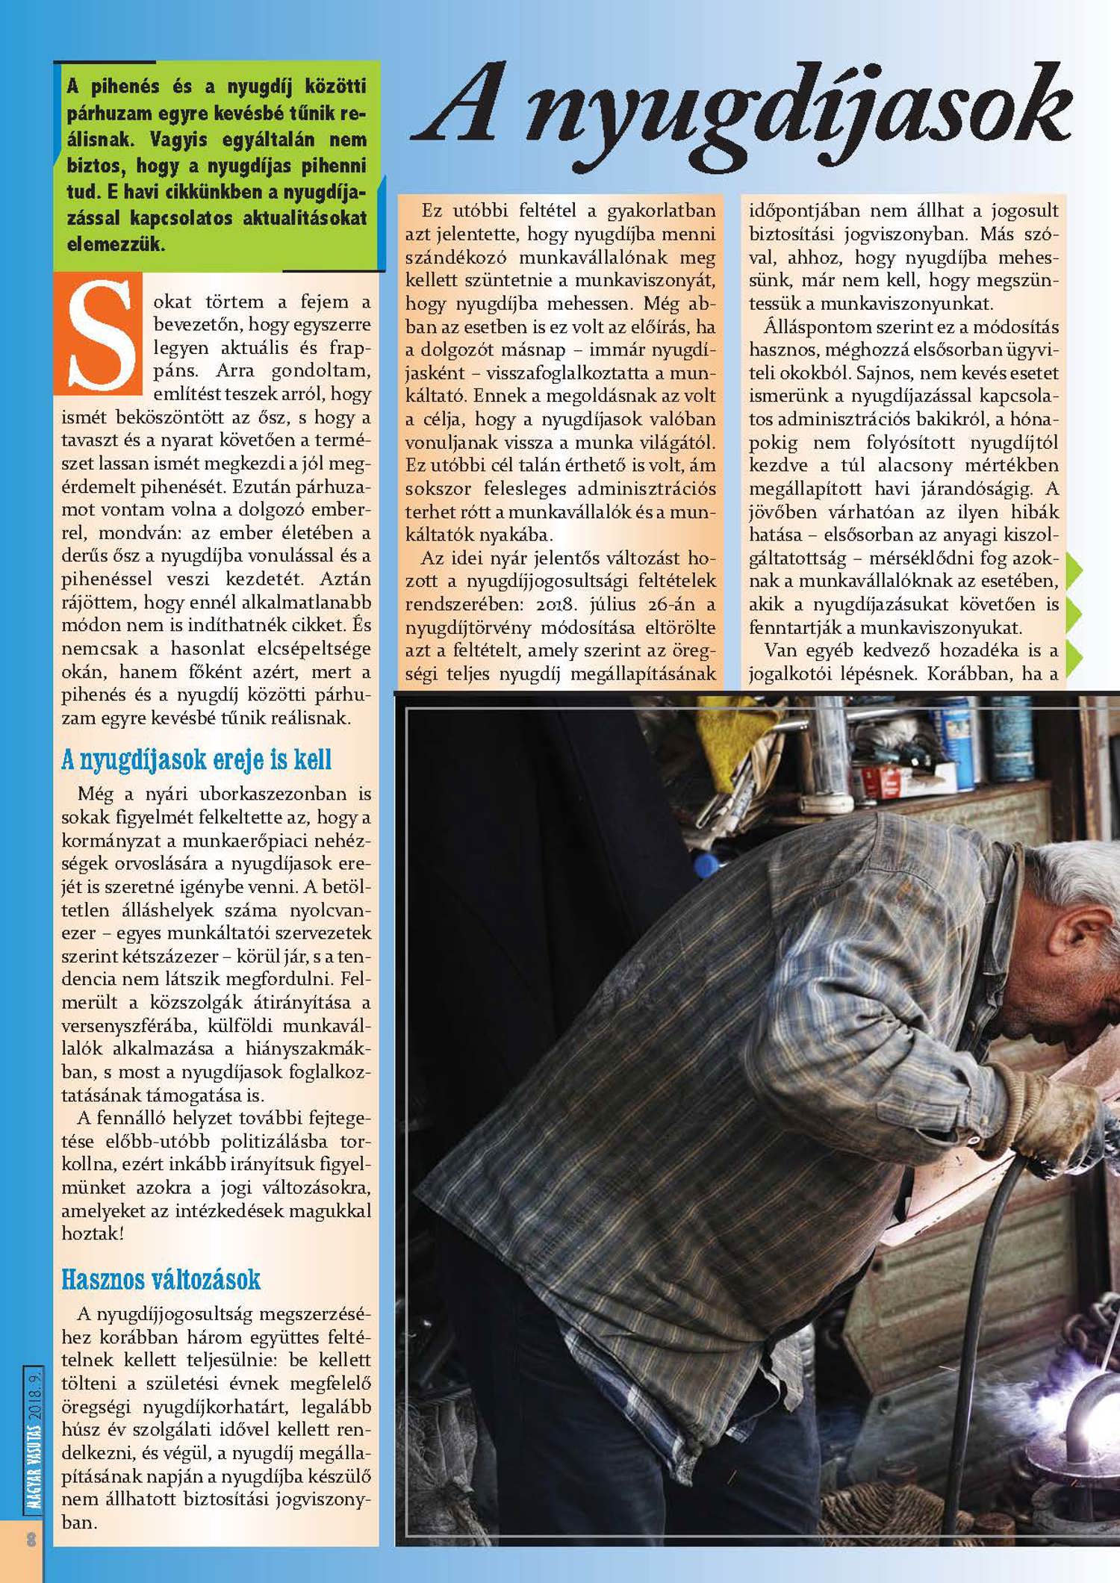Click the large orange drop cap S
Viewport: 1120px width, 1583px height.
99,337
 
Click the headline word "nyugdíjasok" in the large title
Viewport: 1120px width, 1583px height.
798,112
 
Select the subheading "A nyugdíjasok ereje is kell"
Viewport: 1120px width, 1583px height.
196,760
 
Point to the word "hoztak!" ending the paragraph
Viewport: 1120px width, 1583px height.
92,1233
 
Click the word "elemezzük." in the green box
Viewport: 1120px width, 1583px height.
116,244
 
